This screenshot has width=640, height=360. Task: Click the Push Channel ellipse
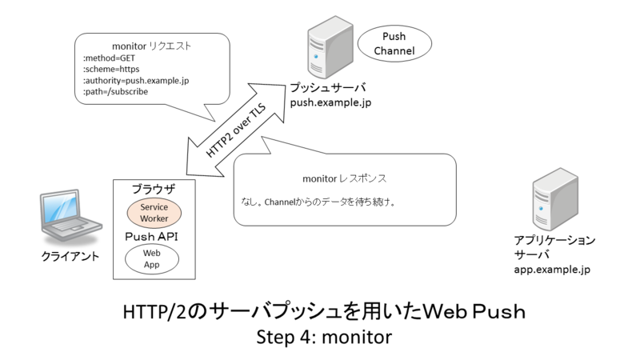pyautogui.click(x=394, y=44)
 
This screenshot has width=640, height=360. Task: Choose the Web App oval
pyautogui.click(x=153, y=258)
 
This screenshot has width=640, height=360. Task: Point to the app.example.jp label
pyautogui.click(x=553, y=270)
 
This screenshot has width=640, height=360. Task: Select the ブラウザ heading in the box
pyautogui.click(x=153, y=189)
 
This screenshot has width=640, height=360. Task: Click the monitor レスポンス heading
pyautogui.click(x=345, y=177)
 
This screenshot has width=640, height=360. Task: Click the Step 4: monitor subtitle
pyautogui.click(x=323, y=337)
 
